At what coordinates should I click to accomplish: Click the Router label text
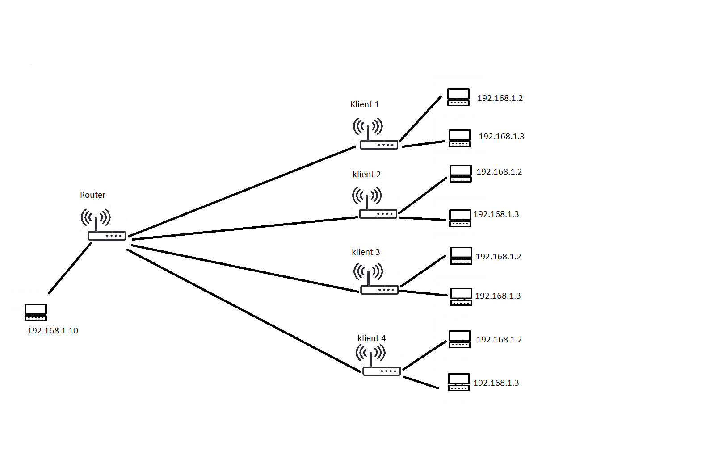92,195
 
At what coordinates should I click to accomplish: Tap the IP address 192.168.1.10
53,331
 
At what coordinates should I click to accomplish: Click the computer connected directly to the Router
36,312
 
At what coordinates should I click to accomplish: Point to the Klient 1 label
365,104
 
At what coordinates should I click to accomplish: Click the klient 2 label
366,174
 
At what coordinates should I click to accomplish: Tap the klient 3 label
366,252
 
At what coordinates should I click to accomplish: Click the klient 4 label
371,338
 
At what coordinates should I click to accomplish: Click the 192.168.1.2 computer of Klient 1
458,97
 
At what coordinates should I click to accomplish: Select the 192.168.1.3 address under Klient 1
501,137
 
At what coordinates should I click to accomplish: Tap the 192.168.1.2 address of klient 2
499,171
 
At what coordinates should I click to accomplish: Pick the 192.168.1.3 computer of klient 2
460,218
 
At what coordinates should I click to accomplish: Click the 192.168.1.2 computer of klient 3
461,255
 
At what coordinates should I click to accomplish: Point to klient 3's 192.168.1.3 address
498,296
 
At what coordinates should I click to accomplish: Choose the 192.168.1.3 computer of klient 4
459,382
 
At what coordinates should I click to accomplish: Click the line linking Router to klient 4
244,311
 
